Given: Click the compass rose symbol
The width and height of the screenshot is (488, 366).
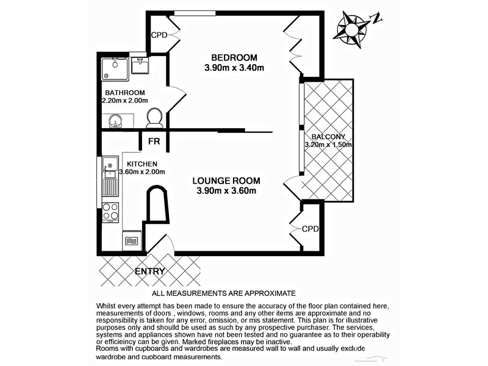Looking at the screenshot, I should coord(352,27).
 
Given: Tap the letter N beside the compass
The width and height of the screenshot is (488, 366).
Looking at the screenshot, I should coord(376,19).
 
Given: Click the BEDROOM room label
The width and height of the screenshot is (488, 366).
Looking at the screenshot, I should coord(234,57).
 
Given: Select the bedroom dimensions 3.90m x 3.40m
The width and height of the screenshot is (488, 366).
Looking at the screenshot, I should coord(234,68).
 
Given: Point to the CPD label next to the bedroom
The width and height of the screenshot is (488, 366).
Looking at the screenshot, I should coord(160,35).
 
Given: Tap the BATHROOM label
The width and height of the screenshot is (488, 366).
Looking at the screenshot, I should coord(124,93).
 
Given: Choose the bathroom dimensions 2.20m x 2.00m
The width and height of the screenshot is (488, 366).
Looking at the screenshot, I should coord(125,101).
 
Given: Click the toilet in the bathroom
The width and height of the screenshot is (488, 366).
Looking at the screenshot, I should coord(154,117).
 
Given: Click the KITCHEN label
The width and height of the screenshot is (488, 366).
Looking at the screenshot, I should coord(142,164).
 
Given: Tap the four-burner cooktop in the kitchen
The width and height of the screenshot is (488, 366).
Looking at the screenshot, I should coord(110,211).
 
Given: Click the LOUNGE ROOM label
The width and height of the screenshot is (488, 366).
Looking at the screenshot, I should coord(226,181).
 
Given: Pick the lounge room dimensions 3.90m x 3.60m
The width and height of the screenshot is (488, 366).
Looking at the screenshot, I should coord(226,191).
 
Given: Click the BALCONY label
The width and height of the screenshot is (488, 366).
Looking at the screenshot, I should coord(328,137).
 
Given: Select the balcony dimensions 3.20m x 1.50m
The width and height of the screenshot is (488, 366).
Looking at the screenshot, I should coord(329,145).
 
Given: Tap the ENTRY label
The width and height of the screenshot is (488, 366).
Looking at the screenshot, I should coord(150,271).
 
